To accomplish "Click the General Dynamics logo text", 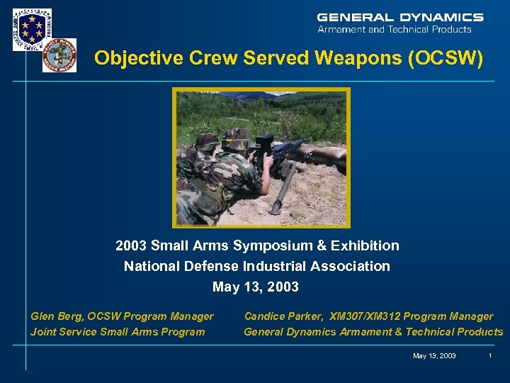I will (400, 17).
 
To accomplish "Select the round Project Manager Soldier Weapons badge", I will (59, 55).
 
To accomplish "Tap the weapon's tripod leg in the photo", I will (283, 189).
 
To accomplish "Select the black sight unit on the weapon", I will (265, 143).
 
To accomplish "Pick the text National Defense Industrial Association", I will (256, 266).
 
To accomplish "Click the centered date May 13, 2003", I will (256, 287).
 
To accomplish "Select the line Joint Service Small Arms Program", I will (118, 331).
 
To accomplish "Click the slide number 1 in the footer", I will (489, 355).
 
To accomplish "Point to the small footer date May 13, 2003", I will (434, 355).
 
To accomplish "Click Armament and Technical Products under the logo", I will (395, 30).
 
